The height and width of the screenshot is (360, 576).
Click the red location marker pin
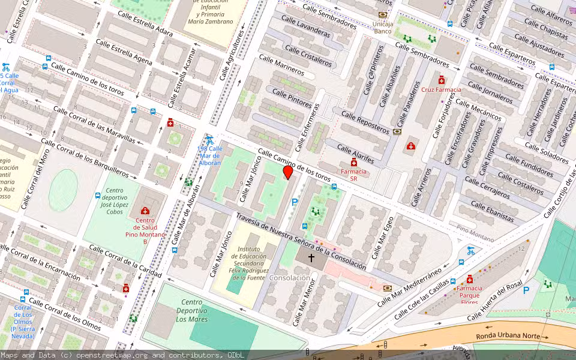tap(288, 173)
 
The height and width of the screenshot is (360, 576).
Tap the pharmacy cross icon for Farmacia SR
tap(354, 163)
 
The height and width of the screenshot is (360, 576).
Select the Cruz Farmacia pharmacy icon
tap(442, 80)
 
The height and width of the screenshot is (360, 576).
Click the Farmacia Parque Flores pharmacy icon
tap(469, 279)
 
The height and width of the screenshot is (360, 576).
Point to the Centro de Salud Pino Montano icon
tap(145, 210)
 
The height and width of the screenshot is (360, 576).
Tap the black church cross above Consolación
tap(311, 258)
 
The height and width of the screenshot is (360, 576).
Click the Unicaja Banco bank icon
tap(383, 15)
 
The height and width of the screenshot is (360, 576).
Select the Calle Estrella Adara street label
tap(145, 23)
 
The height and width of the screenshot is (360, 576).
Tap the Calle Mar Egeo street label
tap(382, 238)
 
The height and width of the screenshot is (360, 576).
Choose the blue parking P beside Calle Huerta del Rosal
tap(526, 290)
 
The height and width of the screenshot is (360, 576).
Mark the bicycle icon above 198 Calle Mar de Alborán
tap(209, 139)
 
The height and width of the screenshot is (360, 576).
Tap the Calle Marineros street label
tap(281, 66)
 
